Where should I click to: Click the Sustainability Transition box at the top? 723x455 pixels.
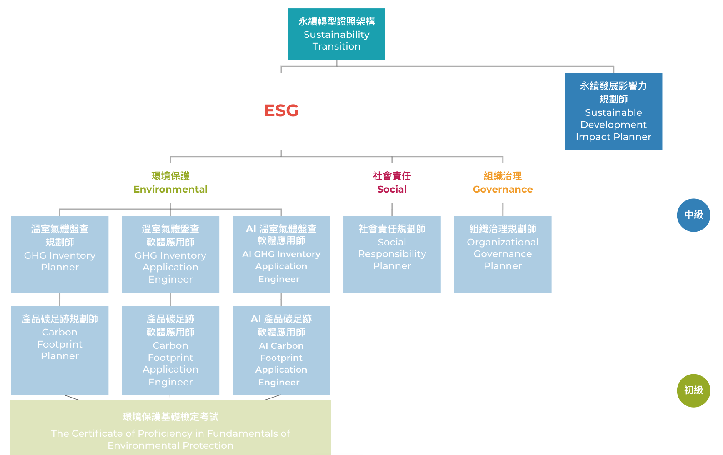pos(336,34)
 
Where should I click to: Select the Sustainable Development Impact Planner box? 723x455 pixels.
pos(613,111)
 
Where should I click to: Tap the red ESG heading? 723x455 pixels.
pos(281,110)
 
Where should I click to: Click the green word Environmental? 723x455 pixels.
pos(170,189)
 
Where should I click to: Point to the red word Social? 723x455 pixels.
pos(392,189)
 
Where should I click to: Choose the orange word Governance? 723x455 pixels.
pos(503,189)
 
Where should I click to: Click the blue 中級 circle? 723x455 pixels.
pos(693,215)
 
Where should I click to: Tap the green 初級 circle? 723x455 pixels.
pos(693,390)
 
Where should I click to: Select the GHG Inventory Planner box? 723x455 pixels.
pos(60,254)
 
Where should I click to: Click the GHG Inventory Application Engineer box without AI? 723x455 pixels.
pos(170,254)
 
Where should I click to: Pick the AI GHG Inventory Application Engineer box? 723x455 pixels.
pos(281,254)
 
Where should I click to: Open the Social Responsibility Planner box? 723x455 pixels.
pos(392,254)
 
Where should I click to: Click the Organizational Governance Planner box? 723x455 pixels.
pos(503,254)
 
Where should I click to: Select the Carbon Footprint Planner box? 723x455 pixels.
pos(60,350)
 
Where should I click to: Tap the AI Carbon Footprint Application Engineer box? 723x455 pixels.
pos(281,350)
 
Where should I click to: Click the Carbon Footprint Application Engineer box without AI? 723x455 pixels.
pos(170,350)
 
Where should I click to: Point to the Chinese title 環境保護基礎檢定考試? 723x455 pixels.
pos(170,417)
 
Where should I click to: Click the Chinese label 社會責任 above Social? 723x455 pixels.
pos(392,176)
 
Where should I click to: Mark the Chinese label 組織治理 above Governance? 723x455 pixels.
pos(503,176)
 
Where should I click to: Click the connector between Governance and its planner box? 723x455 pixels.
pos(503,209)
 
